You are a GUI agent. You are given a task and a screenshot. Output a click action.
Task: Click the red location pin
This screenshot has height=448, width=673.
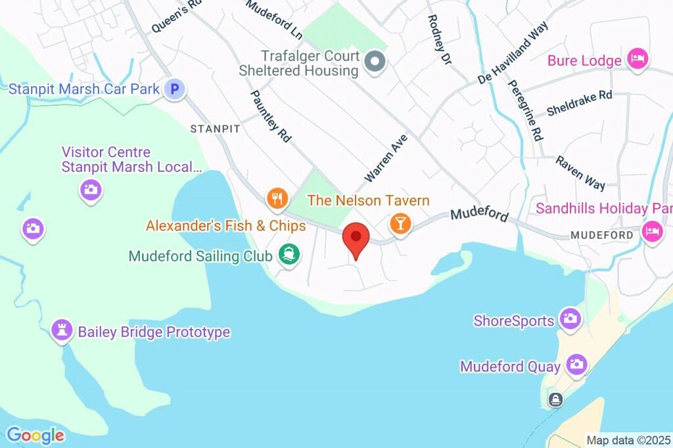coord(356,238)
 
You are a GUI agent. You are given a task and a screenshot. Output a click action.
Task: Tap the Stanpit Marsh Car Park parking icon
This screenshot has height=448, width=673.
coord(174,88)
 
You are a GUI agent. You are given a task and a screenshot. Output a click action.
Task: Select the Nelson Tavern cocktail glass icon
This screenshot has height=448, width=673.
coord(400,223)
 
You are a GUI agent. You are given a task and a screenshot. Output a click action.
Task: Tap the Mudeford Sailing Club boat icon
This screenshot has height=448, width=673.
coord(289,255)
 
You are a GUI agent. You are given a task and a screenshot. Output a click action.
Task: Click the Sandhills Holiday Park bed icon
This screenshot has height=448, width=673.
coord(652,231)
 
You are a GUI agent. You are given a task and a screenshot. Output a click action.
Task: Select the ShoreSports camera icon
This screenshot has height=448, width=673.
coord(569,319)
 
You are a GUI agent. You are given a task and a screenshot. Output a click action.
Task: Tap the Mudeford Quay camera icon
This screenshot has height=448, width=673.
coord(576,365)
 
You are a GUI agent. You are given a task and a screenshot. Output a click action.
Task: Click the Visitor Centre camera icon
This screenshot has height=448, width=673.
coord(90,190)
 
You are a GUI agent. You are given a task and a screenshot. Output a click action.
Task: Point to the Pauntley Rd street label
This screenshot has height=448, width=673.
coord(271,116)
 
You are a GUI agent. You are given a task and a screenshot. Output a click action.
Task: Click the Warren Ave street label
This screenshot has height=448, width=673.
coord(386,158)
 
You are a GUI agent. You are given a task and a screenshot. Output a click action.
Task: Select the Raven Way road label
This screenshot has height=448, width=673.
coord(580,172)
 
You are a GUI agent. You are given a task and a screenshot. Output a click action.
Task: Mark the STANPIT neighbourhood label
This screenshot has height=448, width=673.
coord(215,129)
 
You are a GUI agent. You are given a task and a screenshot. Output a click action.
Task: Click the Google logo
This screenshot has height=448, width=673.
coord(35,435)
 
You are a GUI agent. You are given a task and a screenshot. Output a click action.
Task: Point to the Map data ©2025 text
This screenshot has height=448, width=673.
coord(628,440)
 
